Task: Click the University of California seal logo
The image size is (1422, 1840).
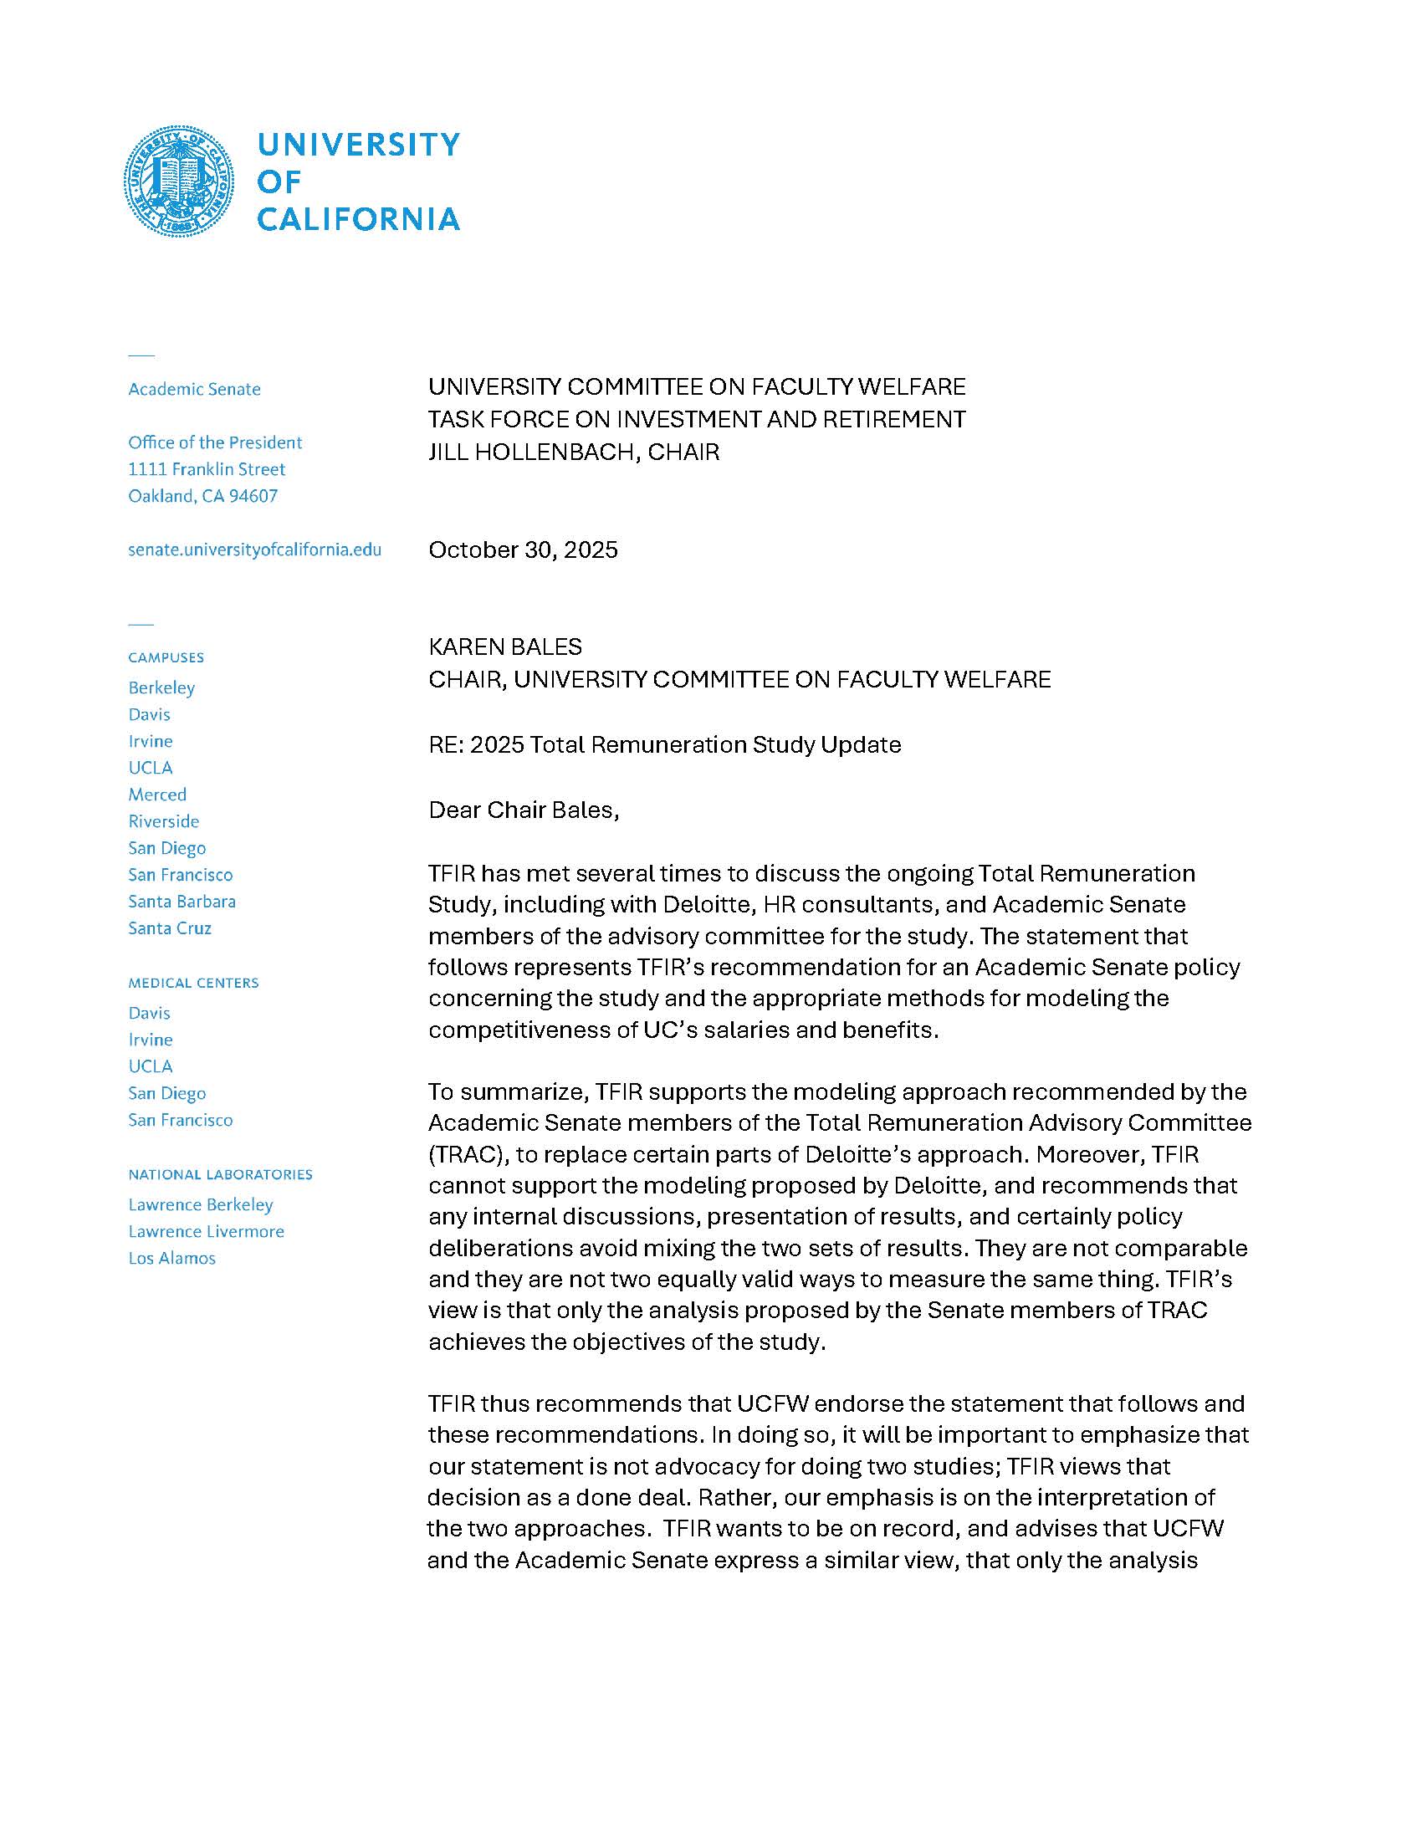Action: (x=179, y=181)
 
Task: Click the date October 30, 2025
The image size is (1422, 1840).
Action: (x=522, y=550)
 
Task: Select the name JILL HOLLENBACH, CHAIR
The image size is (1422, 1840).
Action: (x=573, y=452)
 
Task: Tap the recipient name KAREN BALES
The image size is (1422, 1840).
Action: (x=504, y=647)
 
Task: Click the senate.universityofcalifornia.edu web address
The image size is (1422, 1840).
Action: (x=254, y=550)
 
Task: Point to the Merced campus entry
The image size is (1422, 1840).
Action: (x=157, y=795)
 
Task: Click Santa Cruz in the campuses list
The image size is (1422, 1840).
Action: (x=169, y=928)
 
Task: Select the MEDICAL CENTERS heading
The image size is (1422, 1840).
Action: (x=193, y=984)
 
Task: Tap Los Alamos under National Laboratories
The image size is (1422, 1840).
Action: (x=171, y=1258)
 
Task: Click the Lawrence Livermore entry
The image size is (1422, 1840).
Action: (x=206, y=1232)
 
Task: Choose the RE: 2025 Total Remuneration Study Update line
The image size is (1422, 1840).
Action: (x=664, y=744)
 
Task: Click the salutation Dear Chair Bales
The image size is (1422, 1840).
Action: (x=523, y=810)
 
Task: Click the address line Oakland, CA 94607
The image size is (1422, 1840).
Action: (x=202, y=496)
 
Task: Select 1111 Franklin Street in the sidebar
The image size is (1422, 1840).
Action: (x=207, y=469)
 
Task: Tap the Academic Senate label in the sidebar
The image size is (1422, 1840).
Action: (x=194, y=389)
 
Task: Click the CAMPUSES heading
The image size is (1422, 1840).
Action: (x=166, y=658)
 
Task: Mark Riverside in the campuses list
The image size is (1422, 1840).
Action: (x=163, y=821)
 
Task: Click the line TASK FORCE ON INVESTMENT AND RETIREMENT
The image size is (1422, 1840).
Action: (x=696, y=420)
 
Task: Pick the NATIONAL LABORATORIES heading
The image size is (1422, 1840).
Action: (x=220, y=1174)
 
